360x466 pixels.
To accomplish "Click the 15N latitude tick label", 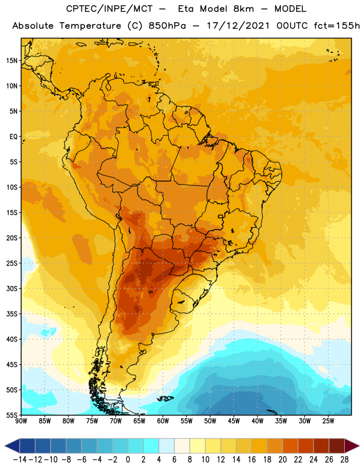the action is [x=12, y=61].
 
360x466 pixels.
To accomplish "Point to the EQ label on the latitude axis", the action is [x=13, y=137].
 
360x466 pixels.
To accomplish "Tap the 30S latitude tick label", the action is [x=12, y=288].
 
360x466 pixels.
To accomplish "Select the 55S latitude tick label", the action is [x=12, y=415].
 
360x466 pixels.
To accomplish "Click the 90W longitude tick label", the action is [x=21, y=421].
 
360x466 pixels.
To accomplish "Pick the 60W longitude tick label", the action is [x=163, y=421].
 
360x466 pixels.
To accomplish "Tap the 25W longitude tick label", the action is [x=328, y=421].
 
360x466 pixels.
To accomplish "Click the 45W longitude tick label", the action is [x=234, y=421].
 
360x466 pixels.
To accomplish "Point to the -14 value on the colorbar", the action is [x=20, y=460].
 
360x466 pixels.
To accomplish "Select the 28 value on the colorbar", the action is [x=344, y=460].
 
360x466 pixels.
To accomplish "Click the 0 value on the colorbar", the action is [x=128, y=460].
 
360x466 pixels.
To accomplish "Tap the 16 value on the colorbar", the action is [x=252, y=460].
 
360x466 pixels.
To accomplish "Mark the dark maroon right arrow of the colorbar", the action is [x=352, y=446].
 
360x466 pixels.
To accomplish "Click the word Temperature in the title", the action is [x=90, y=26].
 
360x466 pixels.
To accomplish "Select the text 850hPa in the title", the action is [x=167, y=26].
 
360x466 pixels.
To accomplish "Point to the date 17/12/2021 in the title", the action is [x=238, y=26].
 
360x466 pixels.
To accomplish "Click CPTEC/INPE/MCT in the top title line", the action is [x=110, y=9].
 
